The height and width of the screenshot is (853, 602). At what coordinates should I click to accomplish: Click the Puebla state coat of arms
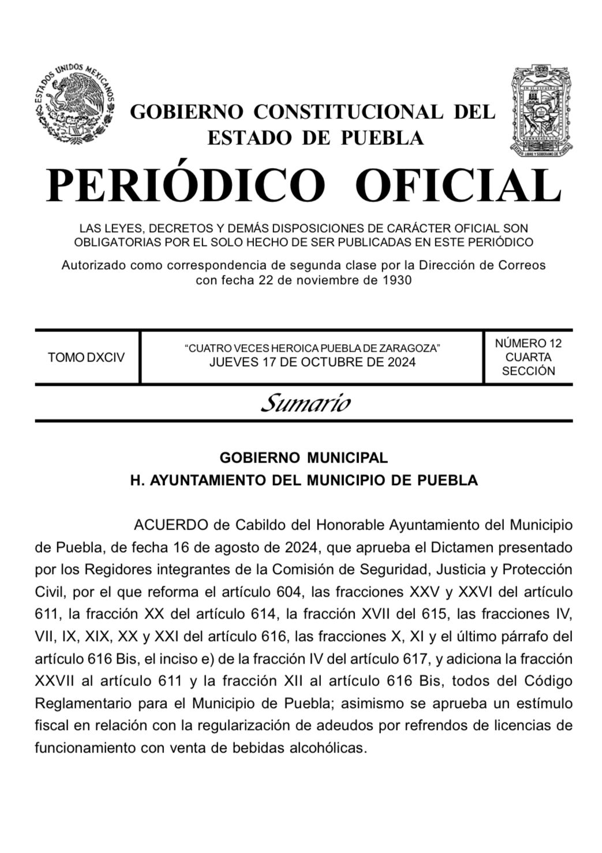[x=540, y=111]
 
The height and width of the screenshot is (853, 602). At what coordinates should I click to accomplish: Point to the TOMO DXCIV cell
[x=86, y=357]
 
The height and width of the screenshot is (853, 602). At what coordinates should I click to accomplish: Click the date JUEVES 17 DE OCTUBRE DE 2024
[x=312, y=362]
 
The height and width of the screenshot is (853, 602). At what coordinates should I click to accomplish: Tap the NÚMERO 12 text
[x=528, y=343]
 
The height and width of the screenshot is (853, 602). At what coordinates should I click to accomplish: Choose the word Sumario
[x=305, y=403]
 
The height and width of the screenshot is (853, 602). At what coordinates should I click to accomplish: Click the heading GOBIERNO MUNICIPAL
[x=304, y=458]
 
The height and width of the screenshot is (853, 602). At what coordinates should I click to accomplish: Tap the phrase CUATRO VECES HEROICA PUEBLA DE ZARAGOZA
[x=312, y=348]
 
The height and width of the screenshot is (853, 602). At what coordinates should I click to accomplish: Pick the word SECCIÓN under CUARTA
[x=528, y=371]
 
